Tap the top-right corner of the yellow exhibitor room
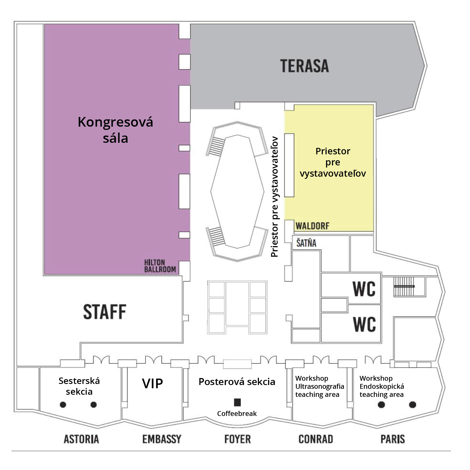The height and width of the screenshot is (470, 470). [x=373, y=105]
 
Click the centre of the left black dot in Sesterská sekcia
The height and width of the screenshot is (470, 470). [x=63, y=404]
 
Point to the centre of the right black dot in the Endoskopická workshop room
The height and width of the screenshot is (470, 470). [x=412, y=404]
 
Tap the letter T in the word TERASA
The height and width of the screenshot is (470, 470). [x=285, y=66]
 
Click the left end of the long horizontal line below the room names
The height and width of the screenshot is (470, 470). [x=12, y=451]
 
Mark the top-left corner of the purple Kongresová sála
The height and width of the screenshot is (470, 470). [x=44, y=24]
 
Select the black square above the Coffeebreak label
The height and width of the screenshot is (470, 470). [x=237, y=402]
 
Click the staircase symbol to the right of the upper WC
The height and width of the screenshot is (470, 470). [x=404, y=287]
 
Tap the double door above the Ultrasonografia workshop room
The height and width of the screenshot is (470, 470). [x=321, y=359]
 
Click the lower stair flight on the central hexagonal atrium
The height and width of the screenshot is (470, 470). [x=217, y=236]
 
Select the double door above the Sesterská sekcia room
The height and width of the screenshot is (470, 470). [x=101, y=359]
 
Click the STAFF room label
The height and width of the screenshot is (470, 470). [x=105, y=312]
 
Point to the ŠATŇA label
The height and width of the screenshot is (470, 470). [x=306, y=243]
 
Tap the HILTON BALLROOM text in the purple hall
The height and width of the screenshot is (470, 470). [x=160, y=266]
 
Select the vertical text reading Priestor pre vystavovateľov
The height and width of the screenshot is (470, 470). [x=275, y=197]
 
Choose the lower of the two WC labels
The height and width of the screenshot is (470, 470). [x=364, y=324]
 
